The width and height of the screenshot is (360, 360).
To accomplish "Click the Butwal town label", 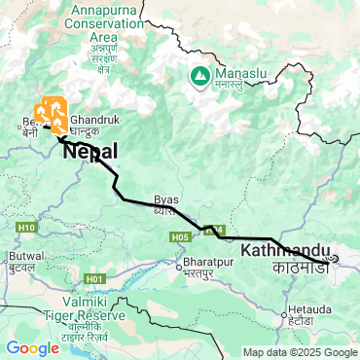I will [26, 256].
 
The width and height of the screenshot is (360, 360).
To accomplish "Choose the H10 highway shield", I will [26, 228].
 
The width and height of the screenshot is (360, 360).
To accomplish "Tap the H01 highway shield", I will [94, 279].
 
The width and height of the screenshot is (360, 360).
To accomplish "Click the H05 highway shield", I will [179, 236].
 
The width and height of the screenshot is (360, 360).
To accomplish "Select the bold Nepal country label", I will [90, 152].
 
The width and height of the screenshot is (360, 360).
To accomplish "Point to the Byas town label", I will [166, 198].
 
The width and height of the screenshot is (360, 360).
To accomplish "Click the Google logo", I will [32, 347].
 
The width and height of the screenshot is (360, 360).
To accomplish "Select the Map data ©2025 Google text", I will [300, 352].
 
